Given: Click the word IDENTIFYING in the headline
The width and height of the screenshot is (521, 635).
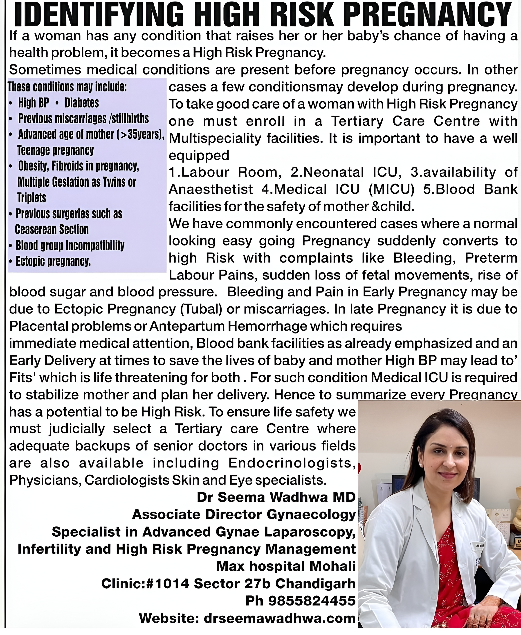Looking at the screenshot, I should [99, 14].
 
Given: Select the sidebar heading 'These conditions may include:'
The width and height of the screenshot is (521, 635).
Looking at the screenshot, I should [67, 87].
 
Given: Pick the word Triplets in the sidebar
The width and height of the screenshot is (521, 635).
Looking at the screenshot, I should [32, 198].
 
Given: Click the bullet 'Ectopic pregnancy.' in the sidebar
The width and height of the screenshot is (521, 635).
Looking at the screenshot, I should [53, 261].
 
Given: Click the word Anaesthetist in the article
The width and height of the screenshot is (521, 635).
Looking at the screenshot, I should [211, 190].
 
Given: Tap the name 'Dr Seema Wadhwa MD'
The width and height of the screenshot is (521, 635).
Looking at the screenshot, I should [276, 497].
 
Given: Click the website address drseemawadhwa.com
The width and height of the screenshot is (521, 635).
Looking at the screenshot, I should [279, 618].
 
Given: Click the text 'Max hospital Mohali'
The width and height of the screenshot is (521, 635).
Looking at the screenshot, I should [286, 566].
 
